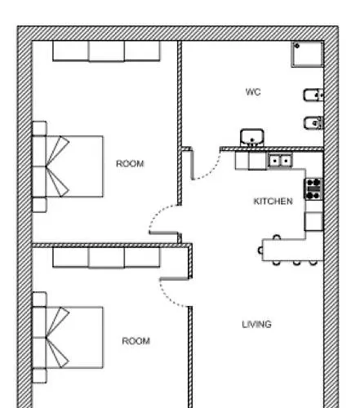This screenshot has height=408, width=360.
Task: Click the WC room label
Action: [253, 92]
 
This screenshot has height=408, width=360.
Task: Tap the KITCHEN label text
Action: [273, 202]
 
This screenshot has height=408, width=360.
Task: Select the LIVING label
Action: [256, 324]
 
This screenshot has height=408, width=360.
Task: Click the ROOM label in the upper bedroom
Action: [130, 163]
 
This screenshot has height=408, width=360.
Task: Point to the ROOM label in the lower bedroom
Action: [136, 341]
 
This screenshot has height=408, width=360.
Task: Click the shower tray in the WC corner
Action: [307, 54]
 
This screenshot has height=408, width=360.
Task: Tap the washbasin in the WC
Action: [252, 138]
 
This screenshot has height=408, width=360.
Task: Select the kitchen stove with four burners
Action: [313, 188]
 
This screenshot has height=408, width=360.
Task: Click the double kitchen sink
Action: [280, 161]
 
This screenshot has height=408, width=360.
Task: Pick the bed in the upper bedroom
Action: [68, 166]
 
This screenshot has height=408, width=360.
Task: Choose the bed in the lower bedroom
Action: [68, 337]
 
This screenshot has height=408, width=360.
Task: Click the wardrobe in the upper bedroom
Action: [106, 51]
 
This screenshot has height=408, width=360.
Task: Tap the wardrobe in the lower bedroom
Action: [106, 257]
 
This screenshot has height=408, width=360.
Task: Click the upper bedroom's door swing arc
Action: [157, 213]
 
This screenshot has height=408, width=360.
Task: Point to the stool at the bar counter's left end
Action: [260, 251]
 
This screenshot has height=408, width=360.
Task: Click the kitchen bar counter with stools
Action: [292, 250]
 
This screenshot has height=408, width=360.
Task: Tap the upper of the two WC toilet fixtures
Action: [313, 95]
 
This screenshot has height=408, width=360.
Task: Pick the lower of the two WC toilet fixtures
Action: [313, 123]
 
